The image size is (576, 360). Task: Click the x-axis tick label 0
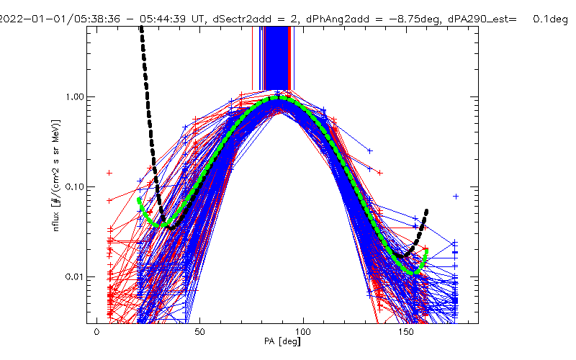click(x=97, y=332)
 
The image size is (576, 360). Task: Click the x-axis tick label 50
click(x=200, y=332)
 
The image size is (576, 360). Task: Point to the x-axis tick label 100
click(x=303, y=332)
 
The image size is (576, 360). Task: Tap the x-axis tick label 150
click(x=406, y=332)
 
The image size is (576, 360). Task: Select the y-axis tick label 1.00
click(x=74, y=97)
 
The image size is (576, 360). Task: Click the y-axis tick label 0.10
click(x=74, y=187)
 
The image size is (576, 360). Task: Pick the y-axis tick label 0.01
click(x=74, y=276)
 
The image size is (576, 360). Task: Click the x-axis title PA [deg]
click(x=282, y=341)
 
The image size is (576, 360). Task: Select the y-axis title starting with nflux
click(x=56, y=175)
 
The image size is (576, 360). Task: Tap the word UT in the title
click(x=197, y=19)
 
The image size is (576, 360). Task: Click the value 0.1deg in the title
click(x=550, y=19)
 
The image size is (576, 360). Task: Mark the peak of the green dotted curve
click(x=279, y=98)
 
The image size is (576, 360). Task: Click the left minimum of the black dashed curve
click(x=171, y=228)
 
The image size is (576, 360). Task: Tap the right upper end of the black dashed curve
click(x=426, y=211)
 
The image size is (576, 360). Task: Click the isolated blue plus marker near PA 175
click(x=456, y=197)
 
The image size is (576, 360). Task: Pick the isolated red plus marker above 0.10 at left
click(x=109, y=173)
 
